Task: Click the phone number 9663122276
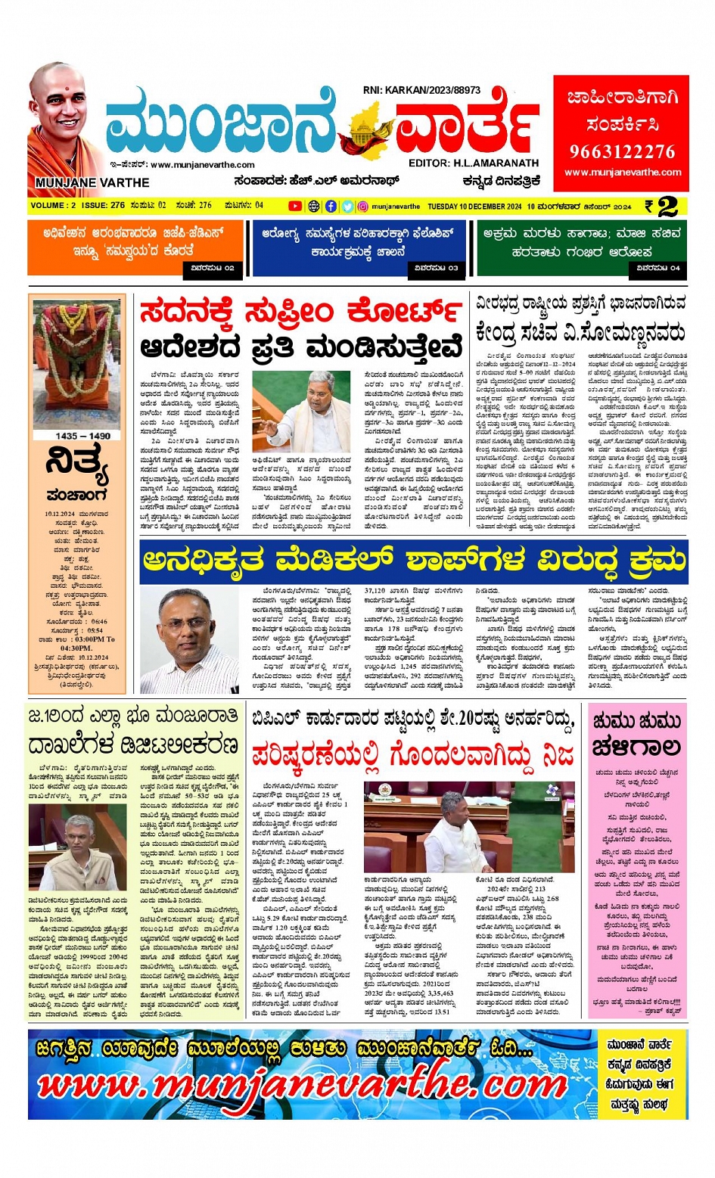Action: click(x=622, y=151)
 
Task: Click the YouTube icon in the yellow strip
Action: click(x=295, y=206)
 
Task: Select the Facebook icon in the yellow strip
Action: click(x=331, y=206)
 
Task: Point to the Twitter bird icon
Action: click(x=347, y=206)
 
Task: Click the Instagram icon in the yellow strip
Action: click(x=363, y=206)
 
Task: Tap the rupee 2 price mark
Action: click(x=661, y=206)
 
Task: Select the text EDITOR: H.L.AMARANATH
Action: click(x=473, y=163)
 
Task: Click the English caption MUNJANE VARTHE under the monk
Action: click(x=92, y=182)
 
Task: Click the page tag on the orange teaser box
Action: click(x=213, y=268)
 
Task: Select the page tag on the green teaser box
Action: click(x=658, y=268)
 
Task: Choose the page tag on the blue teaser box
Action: click(x=435, y=268)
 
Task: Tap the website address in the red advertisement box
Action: click(x=622, y=173)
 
